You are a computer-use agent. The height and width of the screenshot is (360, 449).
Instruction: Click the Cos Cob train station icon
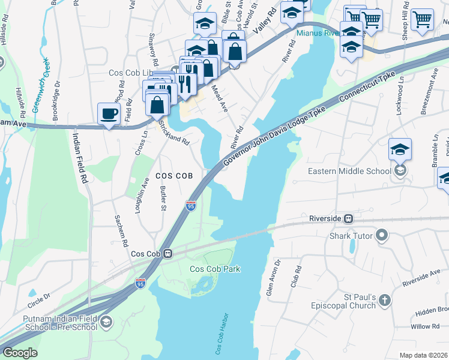pos(169,253)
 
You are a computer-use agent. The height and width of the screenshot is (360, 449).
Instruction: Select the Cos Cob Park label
pos(215,269)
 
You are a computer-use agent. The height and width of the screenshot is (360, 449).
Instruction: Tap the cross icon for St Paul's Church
pos(385,300)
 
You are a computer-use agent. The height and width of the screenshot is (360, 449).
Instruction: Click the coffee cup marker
pos(109,113)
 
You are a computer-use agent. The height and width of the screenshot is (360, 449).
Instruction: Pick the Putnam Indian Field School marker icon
pos(106,322)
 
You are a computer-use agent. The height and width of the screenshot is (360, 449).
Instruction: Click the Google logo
pos(19,352)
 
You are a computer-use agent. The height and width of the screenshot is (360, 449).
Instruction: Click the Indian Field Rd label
pos(79,157)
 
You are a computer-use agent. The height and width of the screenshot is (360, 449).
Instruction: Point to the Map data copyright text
pos(424,355)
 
